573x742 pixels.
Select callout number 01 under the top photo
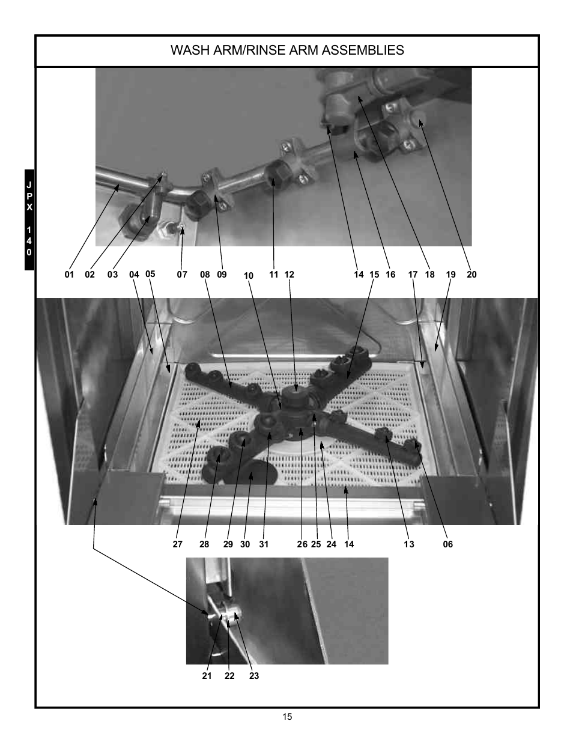(70, 275)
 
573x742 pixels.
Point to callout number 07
(182, 275)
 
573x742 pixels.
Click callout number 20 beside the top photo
(471, 275)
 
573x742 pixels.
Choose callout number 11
(274, 275)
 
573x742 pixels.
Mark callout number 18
(429, 275)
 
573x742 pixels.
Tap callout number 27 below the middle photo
(177, 544)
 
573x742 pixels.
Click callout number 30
(245, 544)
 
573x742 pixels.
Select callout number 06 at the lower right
(448, 544)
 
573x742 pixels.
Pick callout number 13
(409, 544)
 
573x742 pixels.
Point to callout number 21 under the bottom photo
(207, 676)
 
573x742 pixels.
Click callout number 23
(254, 676)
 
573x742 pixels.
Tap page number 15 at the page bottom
(288, 717)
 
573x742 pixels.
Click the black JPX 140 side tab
(29, 219)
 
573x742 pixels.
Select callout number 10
(249, 276)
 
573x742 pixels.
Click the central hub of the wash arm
(295, 398)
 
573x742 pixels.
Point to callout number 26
(302, 544)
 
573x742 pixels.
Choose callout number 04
(134, 275)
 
